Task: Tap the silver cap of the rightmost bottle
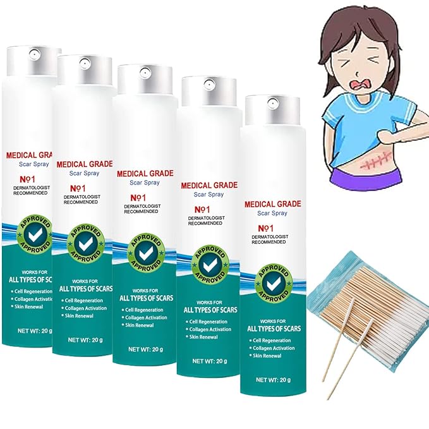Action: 272,110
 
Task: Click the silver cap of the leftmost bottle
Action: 33,61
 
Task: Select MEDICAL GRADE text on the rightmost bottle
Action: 272,205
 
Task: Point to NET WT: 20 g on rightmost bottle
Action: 272,380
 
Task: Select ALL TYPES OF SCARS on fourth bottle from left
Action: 210,310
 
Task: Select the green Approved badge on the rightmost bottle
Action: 272,282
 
